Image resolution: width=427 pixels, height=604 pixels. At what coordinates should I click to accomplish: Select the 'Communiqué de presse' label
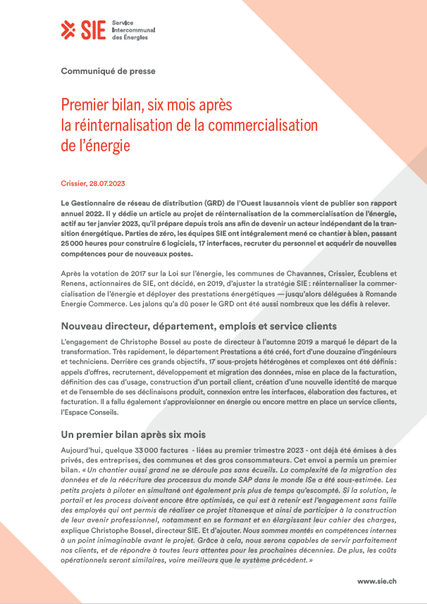[x=109, y=71]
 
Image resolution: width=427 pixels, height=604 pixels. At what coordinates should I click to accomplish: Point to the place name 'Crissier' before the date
[x=73, y=183]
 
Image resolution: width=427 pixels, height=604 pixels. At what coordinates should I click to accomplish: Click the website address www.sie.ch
[x=377, y=581]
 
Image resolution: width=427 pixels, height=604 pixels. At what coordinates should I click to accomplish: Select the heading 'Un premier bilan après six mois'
[x=133, y=434]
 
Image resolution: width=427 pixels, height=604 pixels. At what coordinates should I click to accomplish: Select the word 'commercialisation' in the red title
[x=259, y=125]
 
